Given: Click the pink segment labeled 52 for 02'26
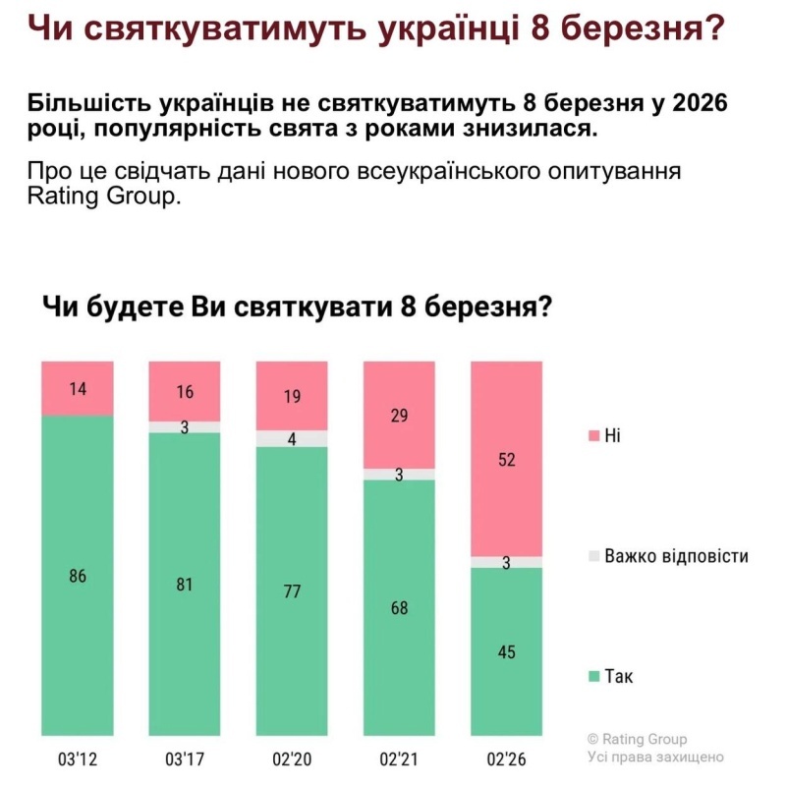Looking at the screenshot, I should coord(507,459).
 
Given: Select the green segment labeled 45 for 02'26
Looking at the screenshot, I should coord(507,651).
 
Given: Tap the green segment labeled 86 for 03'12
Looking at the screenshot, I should coord(77,576).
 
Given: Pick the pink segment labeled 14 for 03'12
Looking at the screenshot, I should coord(77,388).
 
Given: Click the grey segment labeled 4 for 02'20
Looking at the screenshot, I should coord(292,438).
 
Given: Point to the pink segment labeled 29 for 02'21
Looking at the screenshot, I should coord(399,415).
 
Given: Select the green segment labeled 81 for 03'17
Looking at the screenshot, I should coord(184,585).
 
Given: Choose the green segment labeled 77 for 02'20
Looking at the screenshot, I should coord(292,591).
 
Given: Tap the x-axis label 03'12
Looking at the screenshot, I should coord(77,758).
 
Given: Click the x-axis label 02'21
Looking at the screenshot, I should coord(399,758).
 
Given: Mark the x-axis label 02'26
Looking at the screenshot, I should coord(507,758).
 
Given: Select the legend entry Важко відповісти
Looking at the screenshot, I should coord(668,556).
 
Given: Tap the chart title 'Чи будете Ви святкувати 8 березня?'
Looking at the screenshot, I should coord(295,308).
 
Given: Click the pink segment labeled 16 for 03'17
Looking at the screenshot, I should coord(184,391).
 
